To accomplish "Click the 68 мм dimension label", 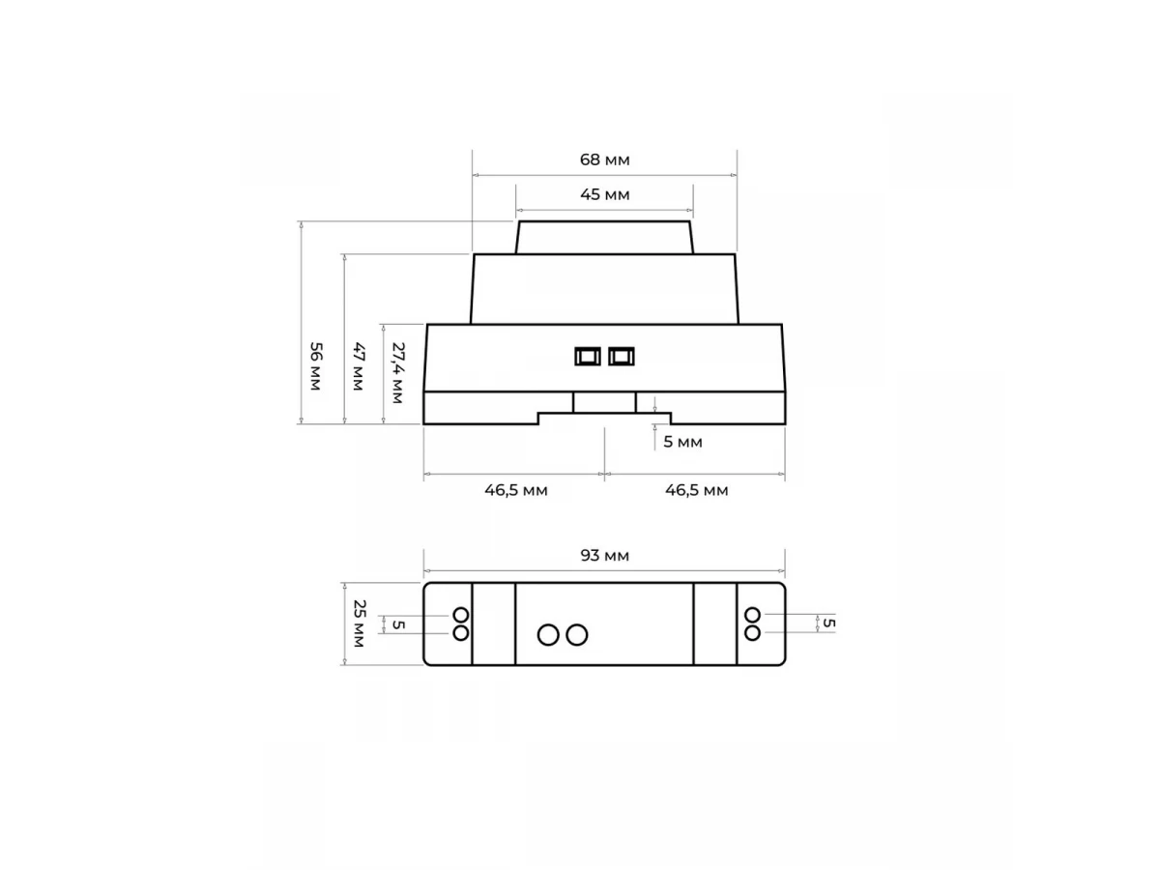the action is point(604,159).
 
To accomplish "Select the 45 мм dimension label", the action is point(604,194).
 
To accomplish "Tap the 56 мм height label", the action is point(315,366).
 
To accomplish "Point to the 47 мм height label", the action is point(359,366).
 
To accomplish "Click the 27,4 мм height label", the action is point(397,373).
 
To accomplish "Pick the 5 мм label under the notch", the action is point(682,442).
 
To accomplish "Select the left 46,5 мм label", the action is point(516,490).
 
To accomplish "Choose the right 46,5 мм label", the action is point(697,490).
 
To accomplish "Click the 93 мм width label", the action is point(604,555).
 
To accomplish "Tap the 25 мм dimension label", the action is point(359,623).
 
